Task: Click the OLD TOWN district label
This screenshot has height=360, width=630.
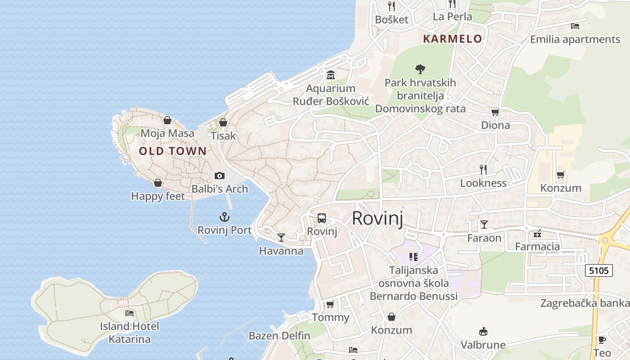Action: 172,151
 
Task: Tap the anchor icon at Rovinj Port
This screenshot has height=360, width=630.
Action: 224,217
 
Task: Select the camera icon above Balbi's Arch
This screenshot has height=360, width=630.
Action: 220,175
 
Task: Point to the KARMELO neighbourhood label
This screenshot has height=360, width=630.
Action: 452,39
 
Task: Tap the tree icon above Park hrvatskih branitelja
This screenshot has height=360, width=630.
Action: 420,69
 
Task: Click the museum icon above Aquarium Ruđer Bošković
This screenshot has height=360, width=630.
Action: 331,75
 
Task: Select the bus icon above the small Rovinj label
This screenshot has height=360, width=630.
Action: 322,218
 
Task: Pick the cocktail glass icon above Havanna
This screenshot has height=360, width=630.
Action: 281,237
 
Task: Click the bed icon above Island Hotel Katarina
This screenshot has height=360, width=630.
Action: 130,313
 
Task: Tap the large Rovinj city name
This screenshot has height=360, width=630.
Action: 377,218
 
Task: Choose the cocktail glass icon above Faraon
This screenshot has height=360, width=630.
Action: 484,224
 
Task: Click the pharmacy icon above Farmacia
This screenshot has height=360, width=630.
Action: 537,234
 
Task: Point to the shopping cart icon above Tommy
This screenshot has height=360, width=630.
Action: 330,304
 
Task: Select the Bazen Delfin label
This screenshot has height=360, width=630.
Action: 279,336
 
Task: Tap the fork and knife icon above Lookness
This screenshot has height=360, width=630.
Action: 483,170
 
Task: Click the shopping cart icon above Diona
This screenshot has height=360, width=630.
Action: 495,112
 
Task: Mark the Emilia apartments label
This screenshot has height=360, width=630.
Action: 575,39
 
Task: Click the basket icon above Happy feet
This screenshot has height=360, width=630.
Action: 158,183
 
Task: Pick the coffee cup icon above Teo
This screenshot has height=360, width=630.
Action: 602,340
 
